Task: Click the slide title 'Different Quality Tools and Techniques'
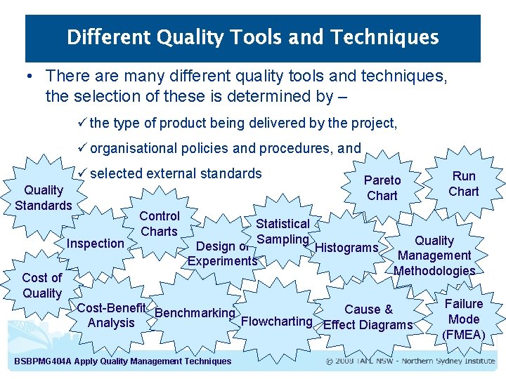pyautogui.click(x=252, y=37)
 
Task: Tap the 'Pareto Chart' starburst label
pyautogui.click(x=382, y=188)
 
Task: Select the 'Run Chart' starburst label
pyautogui.click(x=463, y=183)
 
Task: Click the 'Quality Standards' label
pyautogui.click(x=44, y=197)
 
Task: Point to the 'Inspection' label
pyautogui.click(x=95, y=244)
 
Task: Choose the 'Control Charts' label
pyautogui.click(x=160, y=223)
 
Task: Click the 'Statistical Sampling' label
pyautogui.click(x=283, y=232)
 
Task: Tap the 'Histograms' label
pyautogui.click(x=346, y=248)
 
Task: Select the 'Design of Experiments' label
pyautogui.click(x=222, y=253)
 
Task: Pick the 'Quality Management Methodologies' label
pyautogui.click(x=434, y=255)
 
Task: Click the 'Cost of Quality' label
pyautogui.click(x=42, y=285)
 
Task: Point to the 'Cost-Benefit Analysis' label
pyautogui.click(x=111, y=315)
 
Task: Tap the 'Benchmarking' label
pyautogui.click(x=194, y=313)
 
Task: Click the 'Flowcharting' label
pyautogui.click(x=276, y=321)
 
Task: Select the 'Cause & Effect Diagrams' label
pyautogui.click(x=368, y=317)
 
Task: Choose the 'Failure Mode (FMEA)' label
pyautogui.click(x=463, y=319)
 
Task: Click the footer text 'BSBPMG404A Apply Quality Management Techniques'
pyautogui.click(x=122, y=361)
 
